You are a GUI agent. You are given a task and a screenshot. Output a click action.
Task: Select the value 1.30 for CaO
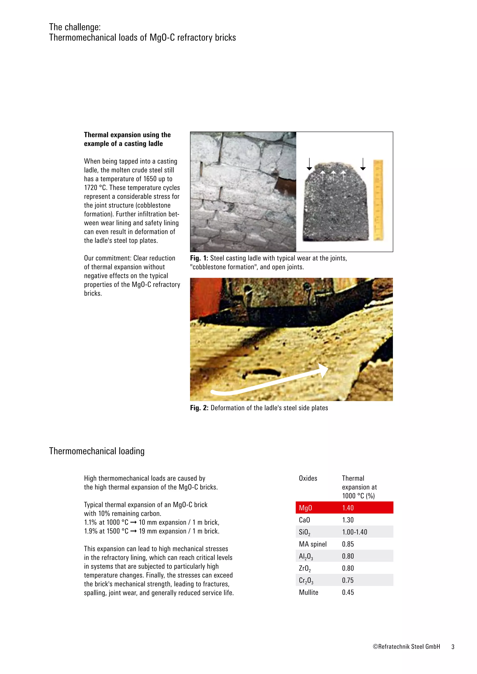(348, 520)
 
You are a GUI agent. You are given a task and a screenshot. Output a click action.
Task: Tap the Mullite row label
(308, 592)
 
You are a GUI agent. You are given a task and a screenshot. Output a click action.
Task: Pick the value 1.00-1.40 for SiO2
(354, 532)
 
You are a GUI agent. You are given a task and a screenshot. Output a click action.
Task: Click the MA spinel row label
(313, 544)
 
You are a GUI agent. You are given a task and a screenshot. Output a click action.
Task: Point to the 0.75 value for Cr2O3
(348, 580)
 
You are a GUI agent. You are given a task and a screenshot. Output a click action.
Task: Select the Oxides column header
(308, 478)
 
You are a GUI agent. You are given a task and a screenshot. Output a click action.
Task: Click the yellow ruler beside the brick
(378, 200)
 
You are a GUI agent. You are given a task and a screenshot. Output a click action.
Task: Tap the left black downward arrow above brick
(309, 164)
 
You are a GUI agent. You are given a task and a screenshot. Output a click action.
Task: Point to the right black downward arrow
(363, 164)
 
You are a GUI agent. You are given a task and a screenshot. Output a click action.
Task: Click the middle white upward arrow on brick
(333, 175)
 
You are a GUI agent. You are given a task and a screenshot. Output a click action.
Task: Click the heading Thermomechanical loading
(97, 451)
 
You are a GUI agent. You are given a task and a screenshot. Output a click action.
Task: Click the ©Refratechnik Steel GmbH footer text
(406, 646)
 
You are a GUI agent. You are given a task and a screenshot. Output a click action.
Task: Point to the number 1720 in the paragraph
(90, 188)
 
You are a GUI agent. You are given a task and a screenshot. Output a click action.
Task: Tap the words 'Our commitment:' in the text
(108, 258)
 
